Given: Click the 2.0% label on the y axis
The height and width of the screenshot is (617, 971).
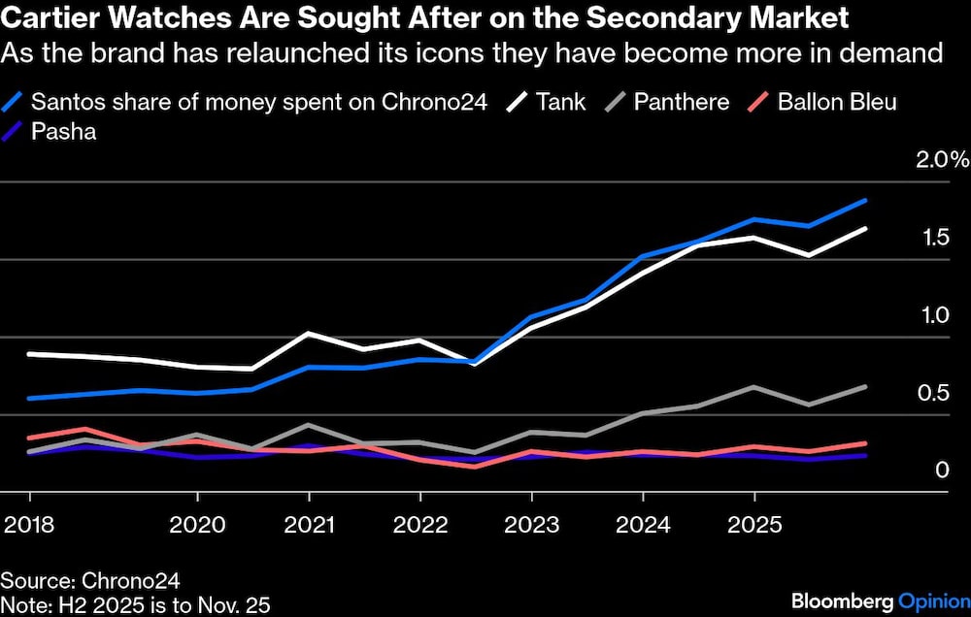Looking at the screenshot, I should click(x=943, y=160).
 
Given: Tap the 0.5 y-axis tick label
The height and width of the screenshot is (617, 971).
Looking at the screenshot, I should click(x=935, y=393).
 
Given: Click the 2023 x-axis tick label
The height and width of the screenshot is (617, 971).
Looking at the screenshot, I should click(x=531, y=525).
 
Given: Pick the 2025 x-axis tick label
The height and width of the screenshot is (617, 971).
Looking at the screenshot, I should click(x=754, y=525).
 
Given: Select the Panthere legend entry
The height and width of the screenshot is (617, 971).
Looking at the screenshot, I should click(x=681, y=102).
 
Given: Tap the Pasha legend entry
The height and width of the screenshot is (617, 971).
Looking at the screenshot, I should click(x=63, y=132).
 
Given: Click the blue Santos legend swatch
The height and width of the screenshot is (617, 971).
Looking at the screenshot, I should click(x=14, y=102).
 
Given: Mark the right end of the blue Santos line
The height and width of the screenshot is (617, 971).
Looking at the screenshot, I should click(x=866, y=201).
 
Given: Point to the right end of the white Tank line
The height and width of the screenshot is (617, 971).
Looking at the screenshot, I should click(x=866, y=229).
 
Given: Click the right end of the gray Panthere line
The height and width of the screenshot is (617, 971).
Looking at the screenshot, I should click(x=866, y=386).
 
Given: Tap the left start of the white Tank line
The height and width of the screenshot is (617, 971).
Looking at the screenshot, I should click(x=28, y=354).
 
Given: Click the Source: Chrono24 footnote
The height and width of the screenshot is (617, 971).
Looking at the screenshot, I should click(x=77, y=581).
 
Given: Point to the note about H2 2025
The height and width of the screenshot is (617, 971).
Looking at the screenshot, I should click(x=135, y=605).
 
